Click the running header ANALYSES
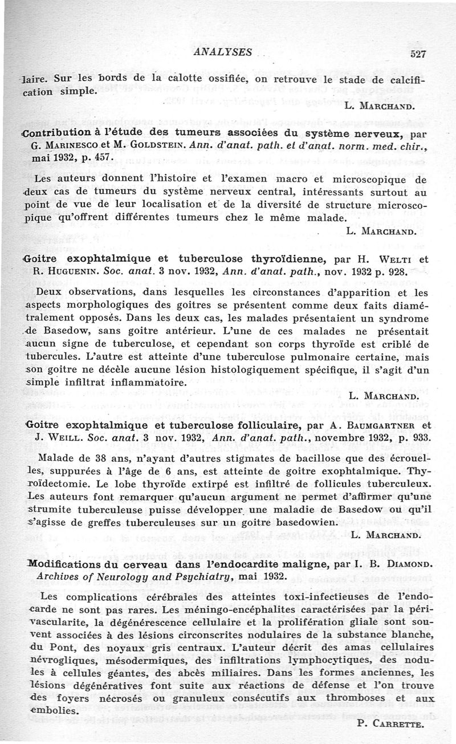click(223, 52)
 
